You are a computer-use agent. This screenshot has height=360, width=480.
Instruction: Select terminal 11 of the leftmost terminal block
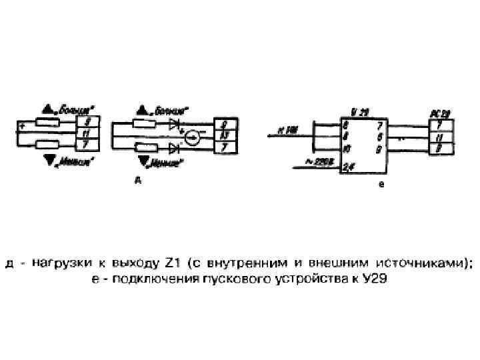88,133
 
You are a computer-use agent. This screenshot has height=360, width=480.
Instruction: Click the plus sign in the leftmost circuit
22,126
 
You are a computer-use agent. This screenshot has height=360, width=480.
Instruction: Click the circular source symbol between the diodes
192,138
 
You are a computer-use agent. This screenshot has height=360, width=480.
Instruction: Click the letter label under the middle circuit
137,179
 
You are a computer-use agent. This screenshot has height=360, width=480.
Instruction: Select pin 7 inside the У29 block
379,125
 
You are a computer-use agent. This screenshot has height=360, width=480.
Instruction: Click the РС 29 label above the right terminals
439,113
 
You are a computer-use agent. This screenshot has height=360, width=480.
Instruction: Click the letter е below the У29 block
381,185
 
